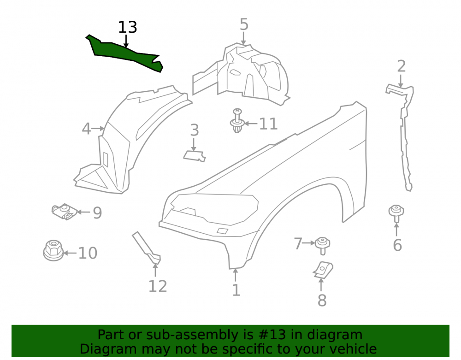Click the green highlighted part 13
[125, 53]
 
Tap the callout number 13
[128, 27]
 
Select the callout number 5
[244, 24]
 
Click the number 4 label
[86, 129]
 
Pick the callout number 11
[268, 124]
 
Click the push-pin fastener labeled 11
[237, 120]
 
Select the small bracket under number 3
[195, 156]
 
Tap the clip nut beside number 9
[64, 212]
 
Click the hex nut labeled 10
[53, 250]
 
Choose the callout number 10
[88, 253]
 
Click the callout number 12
[158, 286]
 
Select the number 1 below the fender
[236, 290]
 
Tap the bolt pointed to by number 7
[322, 245]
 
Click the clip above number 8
[323, 270]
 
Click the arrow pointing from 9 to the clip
[84, 212]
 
